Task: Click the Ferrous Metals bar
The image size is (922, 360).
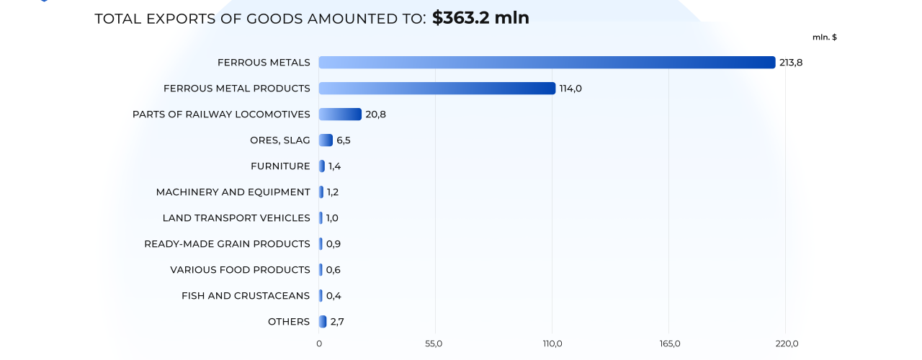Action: point(547,63)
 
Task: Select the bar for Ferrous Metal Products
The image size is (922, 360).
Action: point(437,89)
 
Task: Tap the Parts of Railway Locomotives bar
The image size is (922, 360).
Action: point(340,114)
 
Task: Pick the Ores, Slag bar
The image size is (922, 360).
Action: point(326,140)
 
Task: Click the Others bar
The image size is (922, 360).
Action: point(323,322)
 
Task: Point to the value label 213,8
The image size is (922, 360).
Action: point(790,63)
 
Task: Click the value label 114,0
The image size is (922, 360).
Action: point(570,89)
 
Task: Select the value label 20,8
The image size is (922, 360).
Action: point(375,114)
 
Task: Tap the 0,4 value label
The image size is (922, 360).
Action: point(334,296)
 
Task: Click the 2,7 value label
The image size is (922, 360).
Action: point(337,322)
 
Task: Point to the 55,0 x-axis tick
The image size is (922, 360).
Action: point(434,343)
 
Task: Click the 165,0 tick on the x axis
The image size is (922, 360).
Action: point(669,343)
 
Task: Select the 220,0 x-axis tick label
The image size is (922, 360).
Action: point(786,343)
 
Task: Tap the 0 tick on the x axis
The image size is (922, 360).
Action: point(319,343)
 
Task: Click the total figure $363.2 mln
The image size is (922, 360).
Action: point(480,18)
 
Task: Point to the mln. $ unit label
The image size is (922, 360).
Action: point(824,37)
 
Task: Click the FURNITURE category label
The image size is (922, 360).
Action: point(280,166)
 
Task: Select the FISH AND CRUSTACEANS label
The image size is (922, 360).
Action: point(246,296)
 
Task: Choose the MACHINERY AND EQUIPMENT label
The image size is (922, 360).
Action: point(233,192)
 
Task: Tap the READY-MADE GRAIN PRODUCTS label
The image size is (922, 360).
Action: point(227,244)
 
